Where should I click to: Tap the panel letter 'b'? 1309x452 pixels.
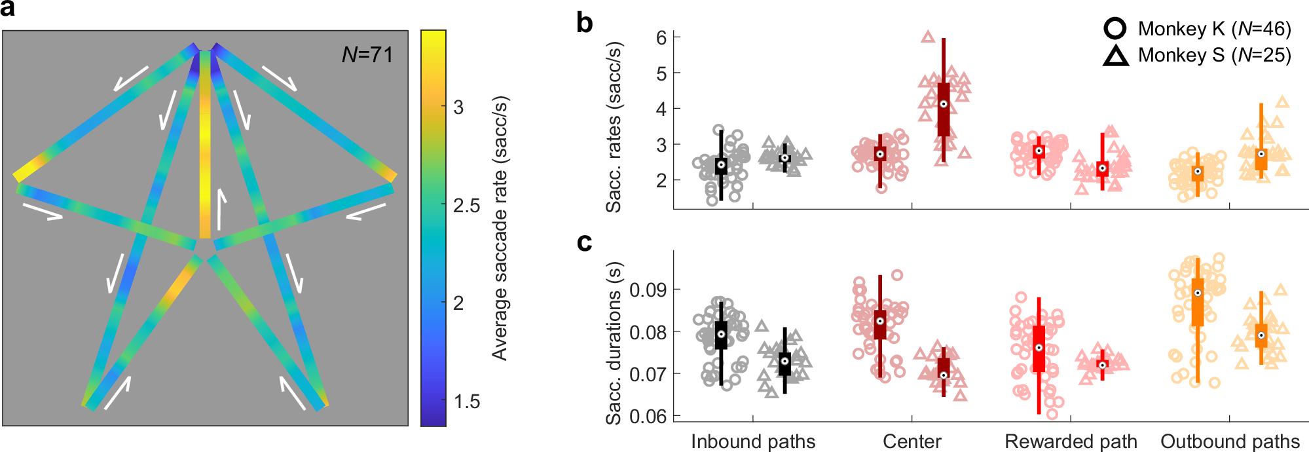584,24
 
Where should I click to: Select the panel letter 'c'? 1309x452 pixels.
584,243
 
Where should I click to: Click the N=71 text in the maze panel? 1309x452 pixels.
367,55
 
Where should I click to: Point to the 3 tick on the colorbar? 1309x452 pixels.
458,107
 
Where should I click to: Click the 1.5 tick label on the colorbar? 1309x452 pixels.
467,402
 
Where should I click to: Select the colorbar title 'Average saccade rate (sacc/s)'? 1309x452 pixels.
500,229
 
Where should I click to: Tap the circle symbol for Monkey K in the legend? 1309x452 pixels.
1115,29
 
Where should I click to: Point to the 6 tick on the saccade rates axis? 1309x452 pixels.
661,37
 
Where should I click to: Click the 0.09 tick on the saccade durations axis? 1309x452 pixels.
646,290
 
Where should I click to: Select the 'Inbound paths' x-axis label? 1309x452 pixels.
753,442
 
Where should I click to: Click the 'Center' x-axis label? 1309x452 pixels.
912,442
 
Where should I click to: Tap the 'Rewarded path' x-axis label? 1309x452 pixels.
1071,442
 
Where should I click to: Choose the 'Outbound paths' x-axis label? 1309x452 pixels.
1230,442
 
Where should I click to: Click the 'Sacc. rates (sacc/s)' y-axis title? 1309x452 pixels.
614,127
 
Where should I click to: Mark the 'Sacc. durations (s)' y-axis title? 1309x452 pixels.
614,343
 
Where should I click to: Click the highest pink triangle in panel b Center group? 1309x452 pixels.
928,37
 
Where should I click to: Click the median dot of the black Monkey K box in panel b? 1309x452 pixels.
721,165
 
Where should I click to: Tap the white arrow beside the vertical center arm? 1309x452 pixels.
221,209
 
